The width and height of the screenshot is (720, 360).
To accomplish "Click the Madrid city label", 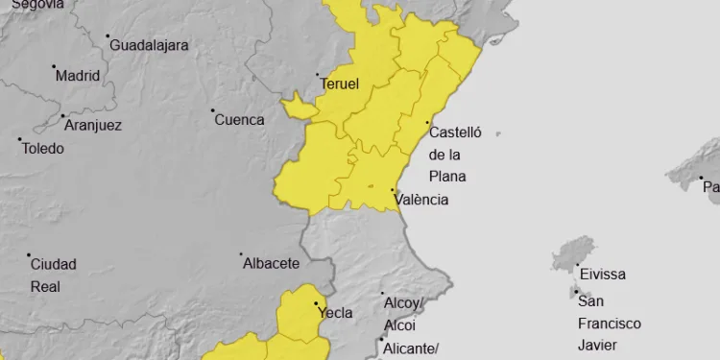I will (x=78, y=76).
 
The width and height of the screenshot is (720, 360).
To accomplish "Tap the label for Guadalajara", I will (x=149, y=45).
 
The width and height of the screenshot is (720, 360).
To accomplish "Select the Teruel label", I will (x=339, y=84).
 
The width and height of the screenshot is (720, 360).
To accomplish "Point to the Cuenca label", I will (x=239, y=120).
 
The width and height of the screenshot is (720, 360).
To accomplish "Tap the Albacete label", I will (x=271, y=263).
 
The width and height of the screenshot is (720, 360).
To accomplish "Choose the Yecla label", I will (x=335, y=312).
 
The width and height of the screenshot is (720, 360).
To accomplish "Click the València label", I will (x=427, y=200).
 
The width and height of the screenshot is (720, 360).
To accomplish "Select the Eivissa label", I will (x=602, y=275).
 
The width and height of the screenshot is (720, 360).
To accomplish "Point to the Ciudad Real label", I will (x=53, y=275).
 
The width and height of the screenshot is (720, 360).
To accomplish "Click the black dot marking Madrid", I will (x=53, y=67).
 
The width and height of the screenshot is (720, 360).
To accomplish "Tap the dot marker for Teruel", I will (x=318, y=75).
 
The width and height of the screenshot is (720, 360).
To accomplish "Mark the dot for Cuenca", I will (x=213, y=110).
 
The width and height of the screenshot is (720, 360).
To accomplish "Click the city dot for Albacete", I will (x=242, y=254).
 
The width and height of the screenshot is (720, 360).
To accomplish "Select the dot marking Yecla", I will (x=318, y=304).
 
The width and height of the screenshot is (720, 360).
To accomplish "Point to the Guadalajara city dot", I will (x=108, y=36).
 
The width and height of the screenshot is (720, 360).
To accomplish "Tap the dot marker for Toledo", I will (x=20, y=140).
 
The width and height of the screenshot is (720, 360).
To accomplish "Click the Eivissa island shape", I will (x=572, y=256).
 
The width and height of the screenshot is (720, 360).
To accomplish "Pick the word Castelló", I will (x=455, y=132).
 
